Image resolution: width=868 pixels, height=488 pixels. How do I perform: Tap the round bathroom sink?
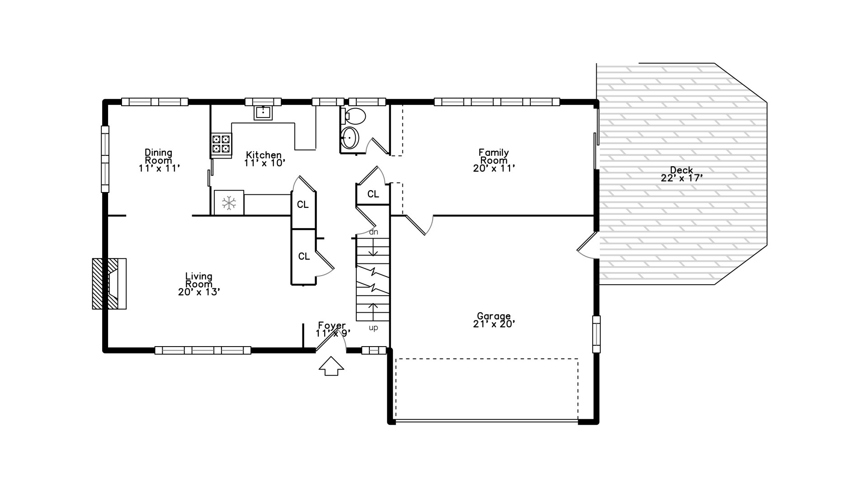click(349, 137)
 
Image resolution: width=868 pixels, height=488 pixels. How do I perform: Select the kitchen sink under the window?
click(263, 112)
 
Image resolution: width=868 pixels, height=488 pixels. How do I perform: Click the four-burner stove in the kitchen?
click(221, 144)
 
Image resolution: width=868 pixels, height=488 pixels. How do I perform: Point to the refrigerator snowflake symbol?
click(229, 203)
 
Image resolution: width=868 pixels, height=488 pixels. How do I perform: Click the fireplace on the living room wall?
click(109, 284)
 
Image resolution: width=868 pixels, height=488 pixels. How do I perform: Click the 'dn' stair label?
click(373, 232)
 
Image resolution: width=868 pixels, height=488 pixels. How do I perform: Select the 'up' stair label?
click(373, 328)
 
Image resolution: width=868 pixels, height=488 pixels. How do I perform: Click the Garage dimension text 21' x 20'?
click(494, 324)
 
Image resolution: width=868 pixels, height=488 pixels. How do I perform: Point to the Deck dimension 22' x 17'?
click(682, 178)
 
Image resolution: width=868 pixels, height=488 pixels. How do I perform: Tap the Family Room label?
click(494, 156)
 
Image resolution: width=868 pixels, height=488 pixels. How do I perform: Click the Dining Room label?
click(158, 156)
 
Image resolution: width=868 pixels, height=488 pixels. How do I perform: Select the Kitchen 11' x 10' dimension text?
click(264, 163)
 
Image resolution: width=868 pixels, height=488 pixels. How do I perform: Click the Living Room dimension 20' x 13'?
click(199, 292)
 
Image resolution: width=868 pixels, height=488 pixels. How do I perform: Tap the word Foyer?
click(332, 325)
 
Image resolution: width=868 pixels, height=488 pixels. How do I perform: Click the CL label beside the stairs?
click(373, 194)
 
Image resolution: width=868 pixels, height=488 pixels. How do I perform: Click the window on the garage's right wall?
click(596, 334)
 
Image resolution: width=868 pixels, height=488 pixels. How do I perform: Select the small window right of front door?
click(374, 350)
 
